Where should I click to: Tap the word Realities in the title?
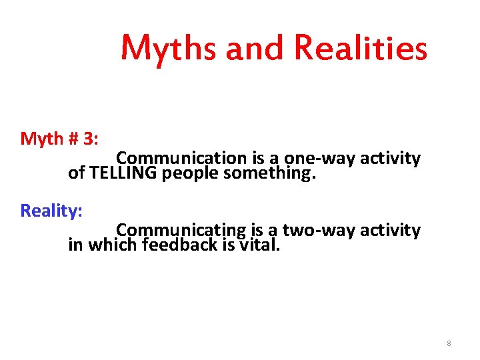pos(361,48)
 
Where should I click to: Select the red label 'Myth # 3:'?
pos(60,139)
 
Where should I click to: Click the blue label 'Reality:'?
pos(51,211)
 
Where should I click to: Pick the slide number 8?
pos(449,343)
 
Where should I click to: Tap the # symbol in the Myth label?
pos(74,139)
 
